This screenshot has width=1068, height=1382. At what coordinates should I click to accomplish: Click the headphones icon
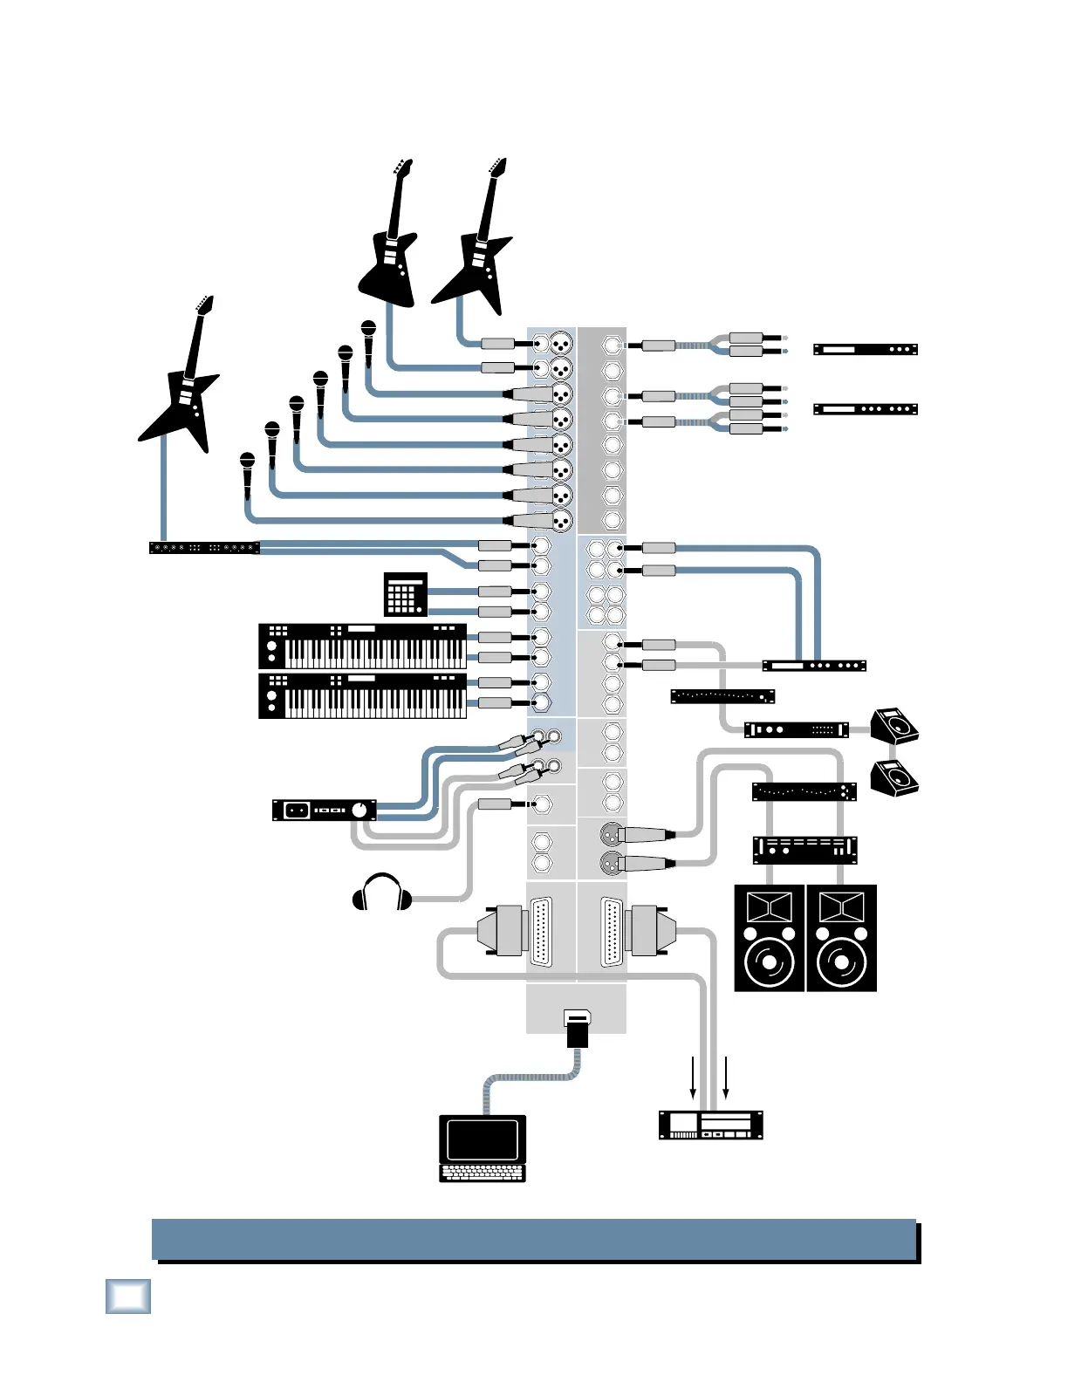click(x=382, y=893)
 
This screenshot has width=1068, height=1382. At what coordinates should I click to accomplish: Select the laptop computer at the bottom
click(x=483, y=1148)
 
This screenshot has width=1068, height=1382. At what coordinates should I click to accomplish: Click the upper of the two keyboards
click(x=362, y=647)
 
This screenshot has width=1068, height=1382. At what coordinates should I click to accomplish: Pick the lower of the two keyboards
click(x=362, y=695)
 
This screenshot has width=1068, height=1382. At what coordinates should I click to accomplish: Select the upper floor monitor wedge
click(x=895, y=725)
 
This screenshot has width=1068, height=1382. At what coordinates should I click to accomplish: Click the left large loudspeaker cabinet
click(x=769, y=938)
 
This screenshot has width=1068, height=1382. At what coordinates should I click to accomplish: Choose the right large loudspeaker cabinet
click(x=841, y=938)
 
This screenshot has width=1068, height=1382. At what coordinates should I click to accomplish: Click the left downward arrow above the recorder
click(x=694, y=1078)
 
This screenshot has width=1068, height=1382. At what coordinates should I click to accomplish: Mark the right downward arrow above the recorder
click(x=725, y=1078)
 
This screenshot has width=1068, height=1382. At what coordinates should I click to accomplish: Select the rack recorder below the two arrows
click(x=710, y=1125)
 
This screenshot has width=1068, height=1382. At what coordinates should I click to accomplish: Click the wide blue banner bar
click(x=534, y=1239)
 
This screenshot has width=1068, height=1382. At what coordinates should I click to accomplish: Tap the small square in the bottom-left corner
click(x=128, y=1296)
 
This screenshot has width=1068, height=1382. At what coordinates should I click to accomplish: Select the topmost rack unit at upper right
click(x=866, y=349)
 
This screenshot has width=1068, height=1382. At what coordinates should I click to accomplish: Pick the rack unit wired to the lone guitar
click(x=204, y=548)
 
